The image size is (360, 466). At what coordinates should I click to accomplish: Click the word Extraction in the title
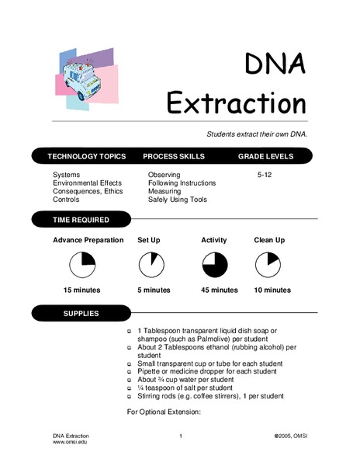[237, 103]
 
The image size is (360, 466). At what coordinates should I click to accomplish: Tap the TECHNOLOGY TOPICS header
[86, 156]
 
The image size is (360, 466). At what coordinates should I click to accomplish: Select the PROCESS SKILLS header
[174, 156]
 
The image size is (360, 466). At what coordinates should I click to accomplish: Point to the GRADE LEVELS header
[265, 156]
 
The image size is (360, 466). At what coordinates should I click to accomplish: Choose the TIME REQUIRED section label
[82, 221]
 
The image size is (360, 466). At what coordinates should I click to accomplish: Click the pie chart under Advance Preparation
[81, 266]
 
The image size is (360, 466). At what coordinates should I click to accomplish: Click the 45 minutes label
[219, 290]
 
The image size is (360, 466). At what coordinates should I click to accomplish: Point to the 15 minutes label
[82, 290]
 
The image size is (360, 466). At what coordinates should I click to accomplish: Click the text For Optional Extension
[164, 412]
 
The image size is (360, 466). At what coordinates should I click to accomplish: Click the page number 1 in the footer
[180, 436]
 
